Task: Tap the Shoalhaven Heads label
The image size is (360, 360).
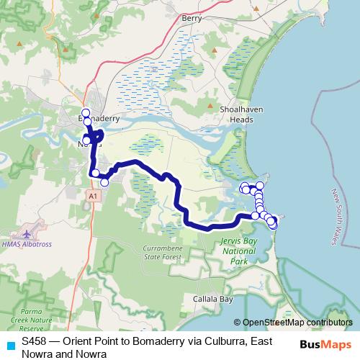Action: click(238, 116)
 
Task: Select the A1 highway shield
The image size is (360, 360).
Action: click(92, 195)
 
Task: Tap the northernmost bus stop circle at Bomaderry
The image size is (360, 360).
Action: click(86, 112)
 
